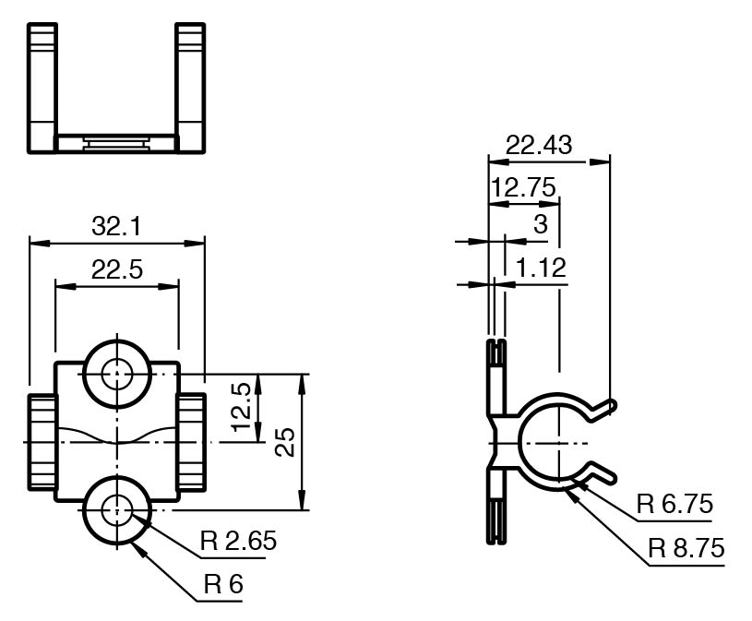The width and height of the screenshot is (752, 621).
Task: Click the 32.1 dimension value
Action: coord(116,226)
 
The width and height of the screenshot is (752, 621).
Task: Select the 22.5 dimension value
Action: coord(117,269)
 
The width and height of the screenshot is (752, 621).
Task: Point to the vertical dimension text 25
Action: coord(285,442)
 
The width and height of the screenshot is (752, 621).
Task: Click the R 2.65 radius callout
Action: coord(238,541)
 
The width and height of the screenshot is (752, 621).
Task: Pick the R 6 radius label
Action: coord(223,583)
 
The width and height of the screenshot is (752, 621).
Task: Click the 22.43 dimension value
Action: coord(539,144)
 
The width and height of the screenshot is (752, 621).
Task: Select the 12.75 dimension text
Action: coord(523,187)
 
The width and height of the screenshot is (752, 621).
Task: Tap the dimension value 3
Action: coord(541,223)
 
